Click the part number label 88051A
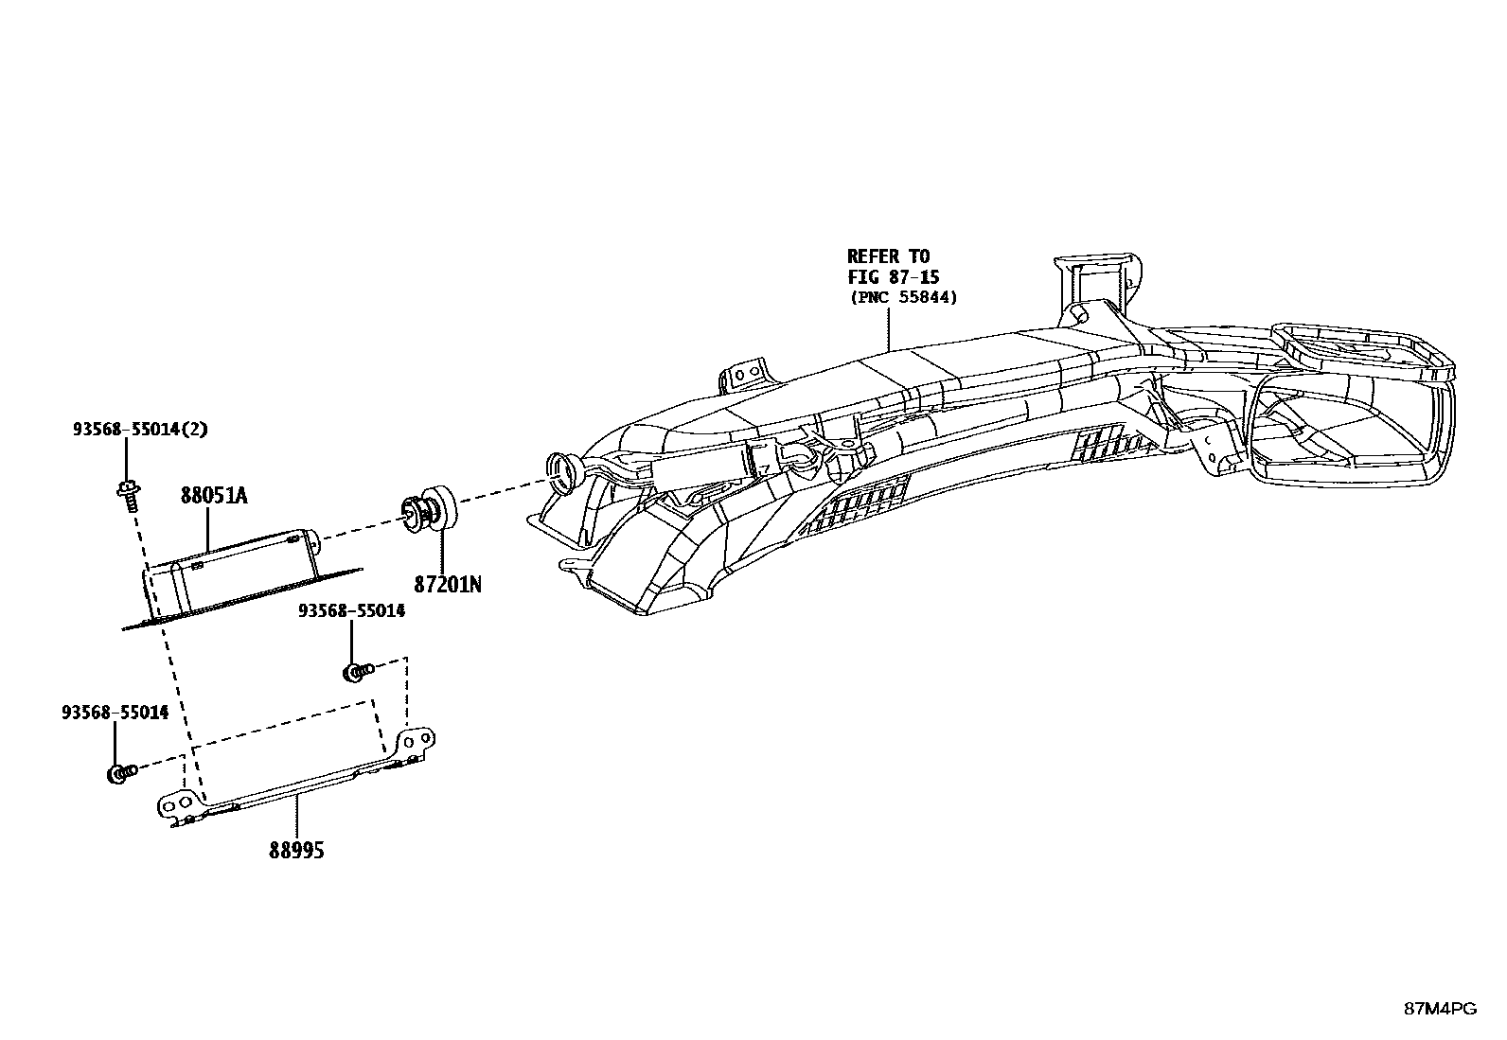pos(214,495)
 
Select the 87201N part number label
pos(447,584)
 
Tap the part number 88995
pos(296,851)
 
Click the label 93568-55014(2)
pos(140,429)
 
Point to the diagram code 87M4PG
pos(1439,1009)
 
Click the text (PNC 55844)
pos(903,297)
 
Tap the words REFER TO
pos(888,256)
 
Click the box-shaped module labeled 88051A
pos(237,573)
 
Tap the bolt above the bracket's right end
pos(356,672)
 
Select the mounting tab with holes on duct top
pos(748,375)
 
